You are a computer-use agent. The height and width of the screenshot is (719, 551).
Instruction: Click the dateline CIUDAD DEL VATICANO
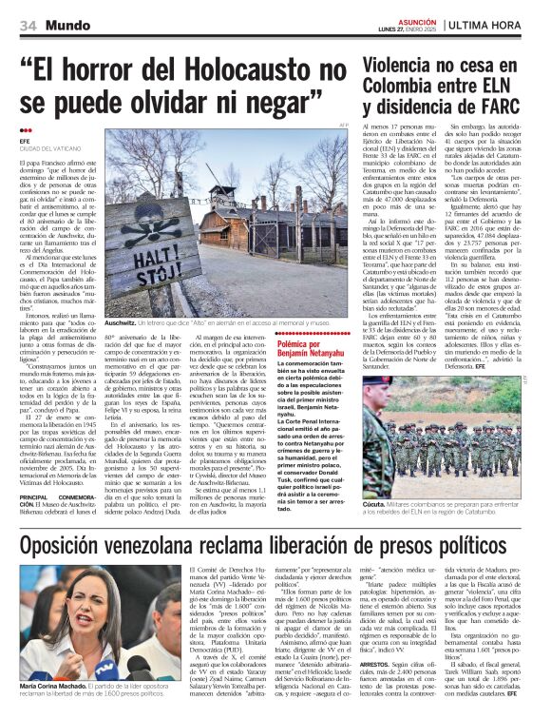coord(48,147)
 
